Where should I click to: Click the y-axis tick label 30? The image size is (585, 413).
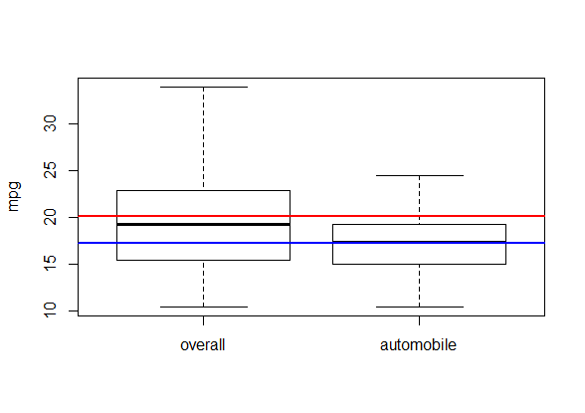point(50,123)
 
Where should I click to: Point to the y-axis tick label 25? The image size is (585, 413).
point(50,170)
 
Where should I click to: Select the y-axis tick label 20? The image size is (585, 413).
point(50,217)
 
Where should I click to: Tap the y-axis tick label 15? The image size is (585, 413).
point(50,264)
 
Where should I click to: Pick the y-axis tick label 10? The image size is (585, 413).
point(50,310)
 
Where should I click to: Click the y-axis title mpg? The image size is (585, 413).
point(14,197)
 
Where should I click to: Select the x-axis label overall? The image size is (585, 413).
point(203,344)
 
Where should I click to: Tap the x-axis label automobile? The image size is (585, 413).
point(418,344)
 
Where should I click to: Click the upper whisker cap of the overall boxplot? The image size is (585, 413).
point(204,87)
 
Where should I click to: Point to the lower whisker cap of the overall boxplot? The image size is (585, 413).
point(204,308)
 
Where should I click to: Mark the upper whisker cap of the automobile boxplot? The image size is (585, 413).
point(420,175)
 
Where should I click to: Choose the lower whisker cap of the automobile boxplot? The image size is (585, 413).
point(420,308)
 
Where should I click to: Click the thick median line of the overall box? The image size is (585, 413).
point(203,224)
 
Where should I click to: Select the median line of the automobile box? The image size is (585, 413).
point(420,242)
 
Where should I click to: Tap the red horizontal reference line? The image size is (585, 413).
point(311,216)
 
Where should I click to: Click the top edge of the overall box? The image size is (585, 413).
point(203,191)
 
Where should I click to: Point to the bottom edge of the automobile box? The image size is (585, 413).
point(420,264)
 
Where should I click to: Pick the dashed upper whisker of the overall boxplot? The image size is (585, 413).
point(203,138)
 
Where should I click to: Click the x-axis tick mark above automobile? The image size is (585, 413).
point(420,320)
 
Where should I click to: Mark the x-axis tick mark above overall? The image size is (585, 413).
point(203,320)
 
